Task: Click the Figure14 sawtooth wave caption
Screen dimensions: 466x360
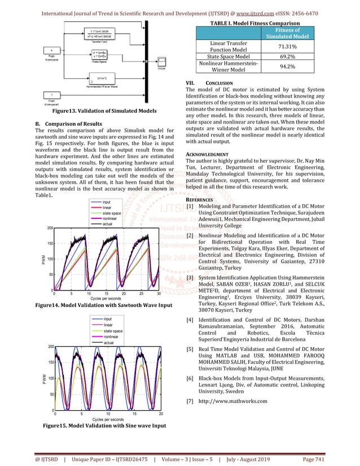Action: coord(101,305)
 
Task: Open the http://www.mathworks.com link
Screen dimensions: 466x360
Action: coord(231,401)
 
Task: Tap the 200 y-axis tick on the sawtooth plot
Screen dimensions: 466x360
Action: coord(50,228)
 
